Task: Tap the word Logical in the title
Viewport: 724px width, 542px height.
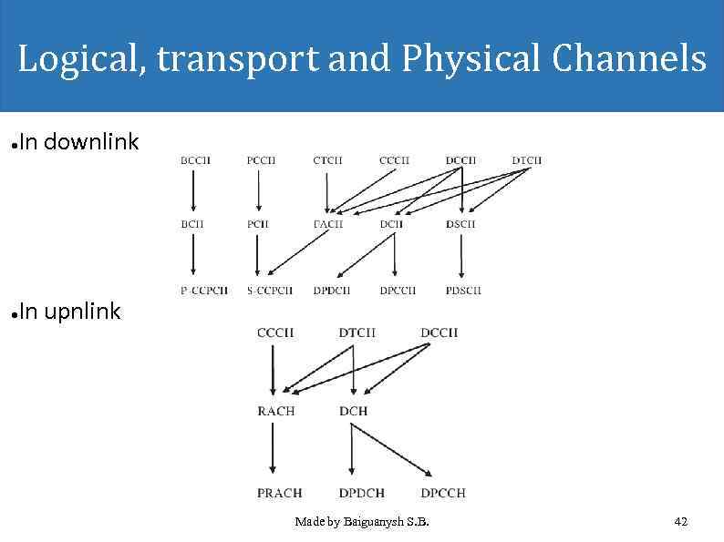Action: point(81,59)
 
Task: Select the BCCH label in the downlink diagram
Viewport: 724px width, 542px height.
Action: point(195,160)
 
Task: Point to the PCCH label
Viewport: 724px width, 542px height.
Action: point(261,160)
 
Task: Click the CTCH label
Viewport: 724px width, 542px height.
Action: point(327,160)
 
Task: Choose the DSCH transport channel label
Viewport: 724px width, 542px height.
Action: point(460,223)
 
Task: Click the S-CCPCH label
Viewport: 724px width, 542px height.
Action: point(269,291)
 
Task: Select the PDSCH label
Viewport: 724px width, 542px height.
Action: point(463,291)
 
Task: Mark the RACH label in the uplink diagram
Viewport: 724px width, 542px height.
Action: point(275,411)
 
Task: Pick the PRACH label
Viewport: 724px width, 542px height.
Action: point(279,493)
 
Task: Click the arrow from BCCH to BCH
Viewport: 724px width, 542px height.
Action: point(193,191)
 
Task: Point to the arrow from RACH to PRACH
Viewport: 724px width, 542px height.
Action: point(273,451)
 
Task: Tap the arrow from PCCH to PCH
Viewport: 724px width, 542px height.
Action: point(260,191)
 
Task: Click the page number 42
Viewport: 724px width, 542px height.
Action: point(680,522)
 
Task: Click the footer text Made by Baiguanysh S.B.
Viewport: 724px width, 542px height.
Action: point(362,522)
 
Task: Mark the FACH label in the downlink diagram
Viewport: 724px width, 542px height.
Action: point(327,223)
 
